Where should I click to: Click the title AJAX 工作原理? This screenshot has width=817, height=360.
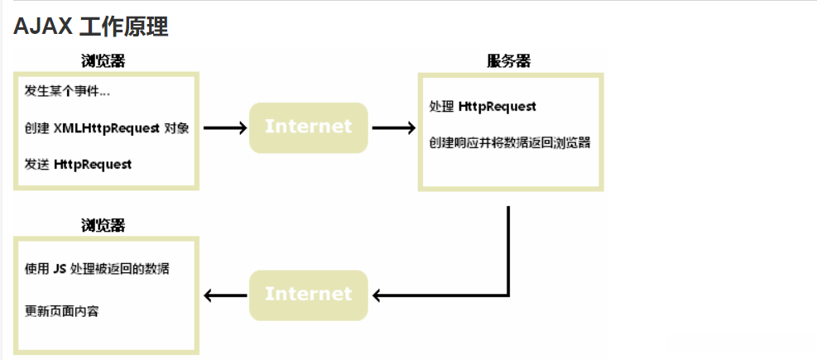[x=91, y=26]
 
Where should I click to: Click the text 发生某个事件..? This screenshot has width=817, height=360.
[x=67, y=92]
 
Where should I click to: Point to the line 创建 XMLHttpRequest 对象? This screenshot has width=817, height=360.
[x=107, y=128]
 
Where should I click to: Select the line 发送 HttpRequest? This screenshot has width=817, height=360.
[x=78, y=164]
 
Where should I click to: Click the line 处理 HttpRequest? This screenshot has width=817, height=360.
[x=483, y=107]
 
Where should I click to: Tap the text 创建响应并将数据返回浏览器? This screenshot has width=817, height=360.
[x=509, y=142]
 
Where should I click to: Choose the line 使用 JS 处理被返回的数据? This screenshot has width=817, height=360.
[x=98, y=270]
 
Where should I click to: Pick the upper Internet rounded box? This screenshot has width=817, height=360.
[x=308, y=127]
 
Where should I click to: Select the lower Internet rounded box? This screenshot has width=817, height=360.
[x=308, y=295]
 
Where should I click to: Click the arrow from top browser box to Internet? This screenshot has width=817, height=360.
[x=224, y=127]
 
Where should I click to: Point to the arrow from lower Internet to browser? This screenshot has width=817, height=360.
[x=224, y=295]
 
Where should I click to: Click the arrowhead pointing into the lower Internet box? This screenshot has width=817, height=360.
[x=379, y=295]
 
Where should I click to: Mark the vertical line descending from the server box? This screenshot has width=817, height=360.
[x=507, y=248]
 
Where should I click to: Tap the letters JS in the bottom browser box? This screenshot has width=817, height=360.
[x=59, y=270]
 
